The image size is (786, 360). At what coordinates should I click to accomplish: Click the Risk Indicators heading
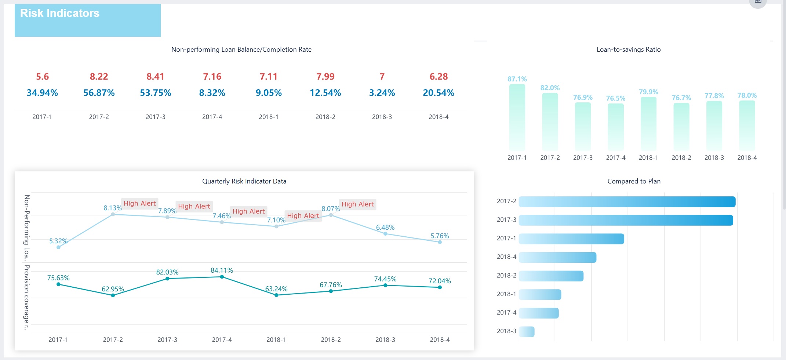coord(59,13)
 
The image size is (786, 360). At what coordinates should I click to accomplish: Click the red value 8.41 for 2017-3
coord(155,77)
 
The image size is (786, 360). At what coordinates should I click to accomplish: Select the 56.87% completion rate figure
coord(99,93)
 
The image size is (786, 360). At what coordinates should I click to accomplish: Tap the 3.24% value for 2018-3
coord(382,93)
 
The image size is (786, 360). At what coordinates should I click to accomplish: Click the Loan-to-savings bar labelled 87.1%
coord(517,117)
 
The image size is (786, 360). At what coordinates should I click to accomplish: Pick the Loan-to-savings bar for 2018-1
coord(648,124)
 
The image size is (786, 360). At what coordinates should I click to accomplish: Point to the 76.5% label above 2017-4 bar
coord(615,98)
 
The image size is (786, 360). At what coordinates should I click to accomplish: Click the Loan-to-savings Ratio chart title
coord(628,50)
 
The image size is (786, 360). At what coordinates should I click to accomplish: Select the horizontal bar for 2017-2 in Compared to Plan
coord(627,202)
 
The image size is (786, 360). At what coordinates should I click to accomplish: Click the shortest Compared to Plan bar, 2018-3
coord(527,332)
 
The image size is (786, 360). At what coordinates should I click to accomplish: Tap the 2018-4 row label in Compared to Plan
coord(506,257)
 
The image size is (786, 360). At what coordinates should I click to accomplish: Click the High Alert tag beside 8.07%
coord(357,204)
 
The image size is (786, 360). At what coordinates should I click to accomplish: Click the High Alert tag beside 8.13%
coord(139,204)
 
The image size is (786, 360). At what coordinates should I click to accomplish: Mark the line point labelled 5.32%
coord(58,247)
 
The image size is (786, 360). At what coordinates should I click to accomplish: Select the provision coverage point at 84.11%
coord(222,277)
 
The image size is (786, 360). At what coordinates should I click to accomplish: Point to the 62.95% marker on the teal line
coord(113,295)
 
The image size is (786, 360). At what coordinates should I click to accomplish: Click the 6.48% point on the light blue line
coord(385,234)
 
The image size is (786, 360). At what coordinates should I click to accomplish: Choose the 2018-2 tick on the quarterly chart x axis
coord(330,340)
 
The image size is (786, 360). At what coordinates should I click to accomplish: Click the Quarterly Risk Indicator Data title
coord(244,181)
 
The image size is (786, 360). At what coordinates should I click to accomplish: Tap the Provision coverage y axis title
coord(26,297)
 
